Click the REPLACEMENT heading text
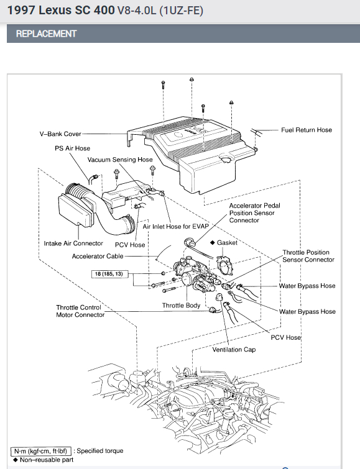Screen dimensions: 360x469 pyautogui.click(x=47, y=34)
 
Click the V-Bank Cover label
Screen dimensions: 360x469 pyautogui.click(x=60, y=134)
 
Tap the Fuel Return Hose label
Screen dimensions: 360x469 pyautogui.click(x=307, y=130)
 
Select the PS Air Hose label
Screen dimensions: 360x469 pyautogui.click(x=73, y=148)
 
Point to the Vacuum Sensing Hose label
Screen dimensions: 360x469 pyautogui.click(x=120, y=160)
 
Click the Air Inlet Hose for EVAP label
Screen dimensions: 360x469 pyautogui.click(x=175, y=226)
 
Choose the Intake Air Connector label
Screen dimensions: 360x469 pyautogui.click(x=73, y=244)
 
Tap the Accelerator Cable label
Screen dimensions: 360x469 pyautogui.click(x=98, y=257)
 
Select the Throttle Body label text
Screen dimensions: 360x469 pyautogui.click(x=181, y=306)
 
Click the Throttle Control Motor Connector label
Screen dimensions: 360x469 pyautogui.click(x=80, y=311)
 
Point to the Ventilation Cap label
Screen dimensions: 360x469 pyautogui.click(x=234, y=350)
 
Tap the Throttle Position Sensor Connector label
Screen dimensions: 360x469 pyautogui.click(x=308, y=256)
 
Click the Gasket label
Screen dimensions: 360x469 pyautogui.click(x=227, y=243)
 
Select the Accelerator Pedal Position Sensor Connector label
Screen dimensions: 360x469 pyautogui.click(x=254, y=213)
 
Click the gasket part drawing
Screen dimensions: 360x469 pyautogui.click(x=224, y=265)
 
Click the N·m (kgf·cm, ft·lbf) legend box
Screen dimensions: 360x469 pyautogui.click(x=41, y=451)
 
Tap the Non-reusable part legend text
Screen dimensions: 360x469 pyautogui.click(x=47, y=460)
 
